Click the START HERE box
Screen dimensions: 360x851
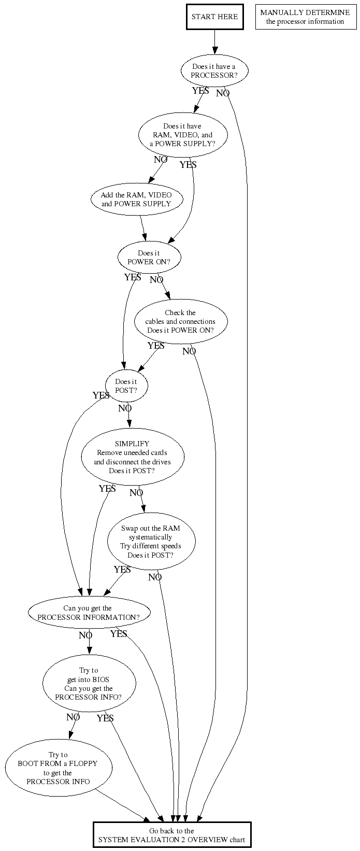click(214, 17)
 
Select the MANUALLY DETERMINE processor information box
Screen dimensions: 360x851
click(305, 17)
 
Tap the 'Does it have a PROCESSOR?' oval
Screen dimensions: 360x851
click(214, 70)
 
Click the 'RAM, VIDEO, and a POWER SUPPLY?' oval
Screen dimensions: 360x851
click(183, 135)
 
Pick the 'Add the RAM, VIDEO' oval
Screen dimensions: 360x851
click(137, 199)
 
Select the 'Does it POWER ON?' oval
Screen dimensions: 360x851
click(149, 257)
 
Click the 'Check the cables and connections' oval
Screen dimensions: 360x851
click(181, 321)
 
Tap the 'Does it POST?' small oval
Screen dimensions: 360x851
click(126, 386)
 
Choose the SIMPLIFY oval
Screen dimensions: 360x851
click(133, 457)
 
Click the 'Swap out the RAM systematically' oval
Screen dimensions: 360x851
click(151, 542)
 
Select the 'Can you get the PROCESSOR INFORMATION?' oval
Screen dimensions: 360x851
click(89, 613)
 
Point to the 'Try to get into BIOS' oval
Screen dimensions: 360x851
click(89, 684)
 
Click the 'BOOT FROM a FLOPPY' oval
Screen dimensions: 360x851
click(59, 768)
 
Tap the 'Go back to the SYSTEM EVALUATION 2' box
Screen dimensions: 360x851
click(172, 835)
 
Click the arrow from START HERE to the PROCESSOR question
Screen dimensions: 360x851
click(215, 42)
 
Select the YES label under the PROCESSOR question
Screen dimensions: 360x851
click(200, 91)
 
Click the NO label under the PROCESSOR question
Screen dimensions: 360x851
click(223, 93)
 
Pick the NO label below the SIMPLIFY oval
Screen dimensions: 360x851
click(136, 493)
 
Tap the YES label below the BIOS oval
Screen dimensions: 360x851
click(105, 718)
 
